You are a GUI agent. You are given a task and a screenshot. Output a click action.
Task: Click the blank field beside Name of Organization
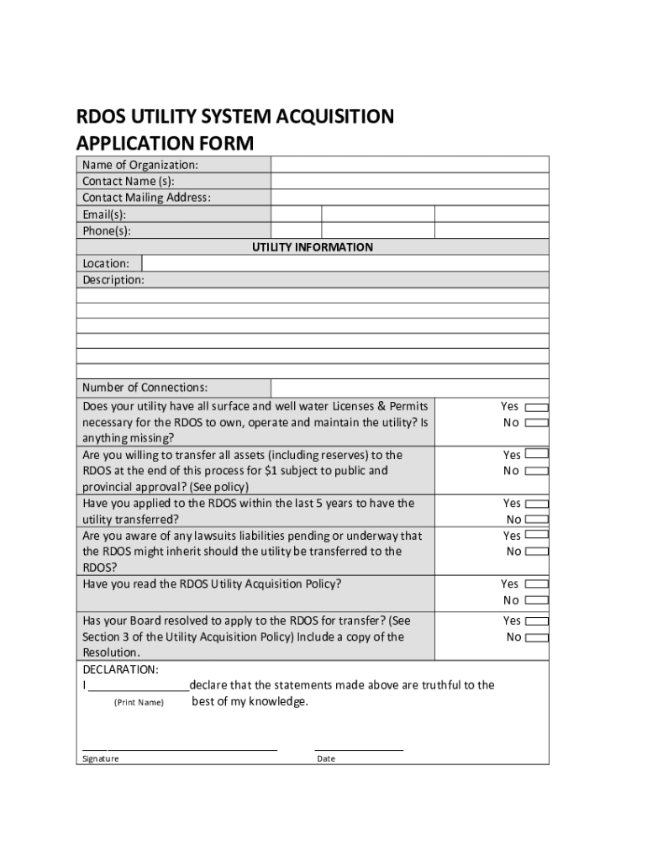tap(409, 165)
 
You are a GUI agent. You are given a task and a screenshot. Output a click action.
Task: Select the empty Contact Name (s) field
tap(409, 181)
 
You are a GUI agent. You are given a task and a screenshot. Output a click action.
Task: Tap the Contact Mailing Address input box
tap(409, 198)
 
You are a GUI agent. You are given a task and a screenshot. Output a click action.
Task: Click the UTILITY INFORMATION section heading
tap(313, 247)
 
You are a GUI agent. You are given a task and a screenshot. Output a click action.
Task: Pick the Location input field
tap(345, 263)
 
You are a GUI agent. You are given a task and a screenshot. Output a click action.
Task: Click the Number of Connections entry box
tap(409, 388)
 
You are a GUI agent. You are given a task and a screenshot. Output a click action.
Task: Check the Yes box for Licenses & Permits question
tap(536, 407)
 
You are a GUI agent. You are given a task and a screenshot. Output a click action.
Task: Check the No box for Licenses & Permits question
tap(536, 423)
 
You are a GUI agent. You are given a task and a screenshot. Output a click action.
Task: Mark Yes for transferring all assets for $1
tap(536, 455)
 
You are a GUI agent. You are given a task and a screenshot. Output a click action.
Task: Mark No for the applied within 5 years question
tap(536, 520)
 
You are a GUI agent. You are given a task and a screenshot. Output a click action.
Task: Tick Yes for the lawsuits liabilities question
tap(536, 535)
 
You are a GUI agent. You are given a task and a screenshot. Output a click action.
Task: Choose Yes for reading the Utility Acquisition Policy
tap(536, 584)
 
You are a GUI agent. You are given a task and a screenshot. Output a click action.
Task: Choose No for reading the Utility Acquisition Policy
tap(536, 600)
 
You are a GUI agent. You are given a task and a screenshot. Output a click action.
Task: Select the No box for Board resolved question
tap(536, 637)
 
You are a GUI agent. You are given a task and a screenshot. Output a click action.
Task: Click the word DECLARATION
tap(120, 669)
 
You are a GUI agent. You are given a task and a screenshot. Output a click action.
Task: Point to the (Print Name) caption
tap(139, 702)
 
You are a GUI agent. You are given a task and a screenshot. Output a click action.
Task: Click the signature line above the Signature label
tap(180, 747)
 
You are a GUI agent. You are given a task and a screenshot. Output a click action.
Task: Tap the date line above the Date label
tap(359, 747)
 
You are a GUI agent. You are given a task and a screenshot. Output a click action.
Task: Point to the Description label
tap(113, 280)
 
